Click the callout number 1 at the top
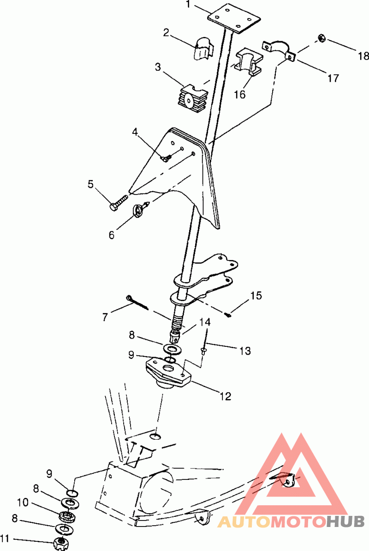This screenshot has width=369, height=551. [189, 5]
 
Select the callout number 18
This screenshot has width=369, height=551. [363, 56]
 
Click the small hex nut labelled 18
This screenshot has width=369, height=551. [321, 37]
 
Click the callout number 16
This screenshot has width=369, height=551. [240, 95]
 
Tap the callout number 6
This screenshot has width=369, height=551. [112, 235]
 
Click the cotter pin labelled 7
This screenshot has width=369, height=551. [137, 303]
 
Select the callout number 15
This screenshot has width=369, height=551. [256, 296]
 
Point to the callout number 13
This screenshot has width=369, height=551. [245, 351]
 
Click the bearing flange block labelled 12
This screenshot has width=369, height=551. [168, 373]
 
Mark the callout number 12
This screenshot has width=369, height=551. [226, 396]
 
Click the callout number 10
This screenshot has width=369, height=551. [23, 503]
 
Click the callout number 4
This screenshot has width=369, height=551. [135, 132]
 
